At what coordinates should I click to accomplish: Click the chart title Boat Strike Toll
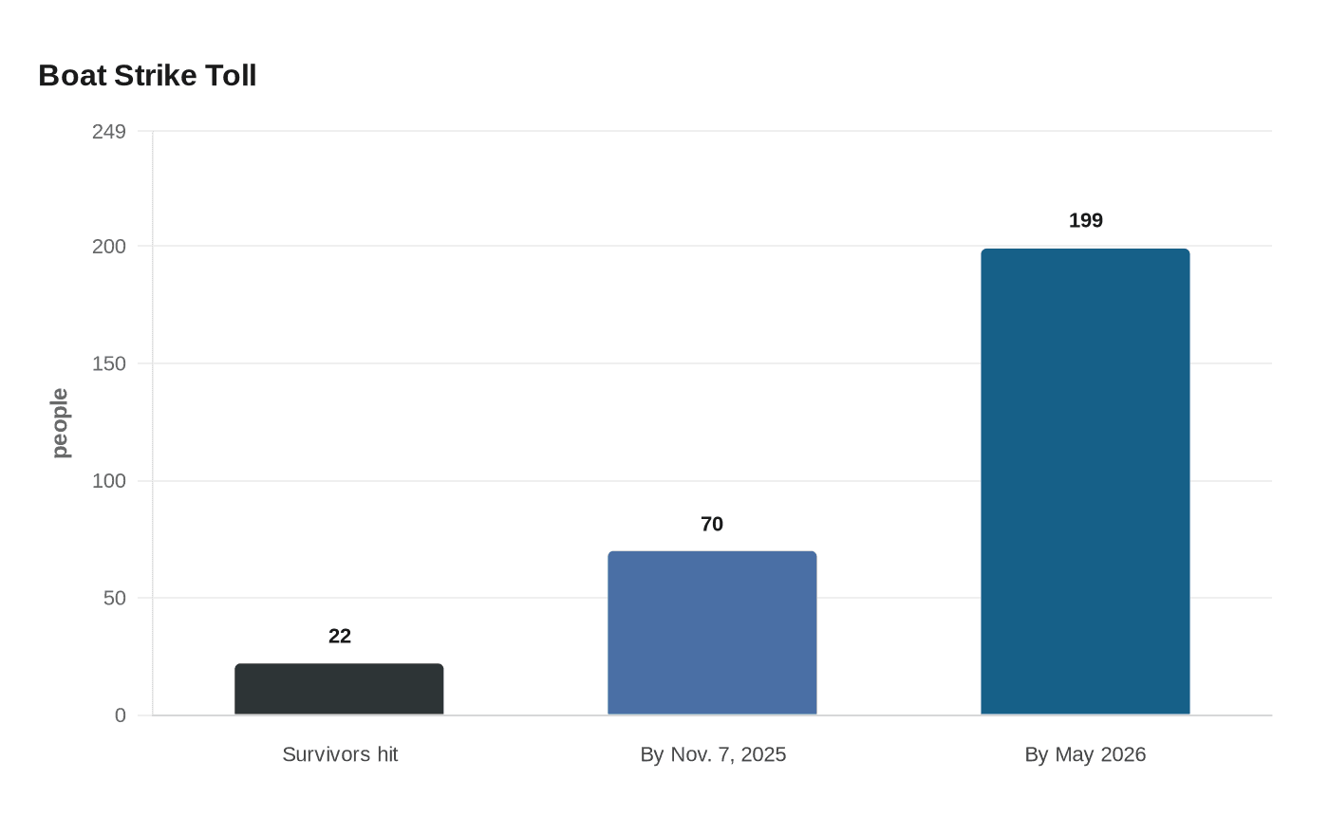tap(147, 76)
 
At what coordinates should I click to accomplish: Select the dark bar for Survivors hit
tap(339, 689)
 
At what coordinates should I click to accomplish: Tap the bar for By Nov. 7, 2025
tap(712, 633)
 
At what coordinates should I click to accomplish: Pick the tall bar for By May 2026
tap(1085, 482)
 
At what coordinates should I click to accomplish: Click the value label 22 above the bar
tap(340, 637)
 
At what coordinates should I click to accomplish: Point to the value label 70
tap(712, 524)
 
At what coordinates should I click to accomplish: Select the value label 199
tap(1086, 220)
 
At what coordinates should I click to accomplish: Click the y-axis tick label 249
tap(108, 132)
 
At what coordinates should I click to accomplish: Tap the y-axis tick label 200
tap(108, 247)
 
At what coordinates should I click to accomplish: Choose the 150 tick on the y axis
tap(108, 363)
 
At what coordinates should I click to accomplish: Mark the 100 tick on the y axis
tap(108, 481)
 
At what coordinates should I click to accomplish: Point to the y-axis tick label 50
tap(115, 598)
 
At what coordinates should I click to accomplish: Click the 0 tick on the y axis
tap(121, 715)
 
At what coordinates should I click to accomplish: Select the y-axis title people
tap(60, 423)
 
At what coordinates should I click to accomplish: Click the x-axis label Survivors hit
tap(340, 754)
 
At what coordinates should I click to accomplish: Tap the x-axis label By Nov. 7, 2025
tap(713, 754)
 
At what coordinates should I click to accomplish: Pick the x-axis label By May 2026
tap(1085, 754)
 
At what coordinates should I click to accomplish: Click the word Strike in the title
tap(156, 76)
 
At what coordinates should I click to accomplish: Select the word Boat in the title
tap(72, 76)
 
